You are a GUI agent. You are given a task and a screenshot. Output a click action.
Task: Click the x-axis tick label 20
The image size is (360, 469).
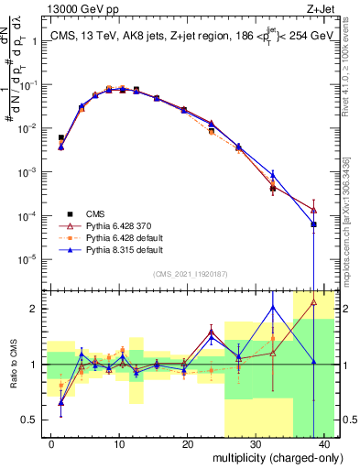[187, 444]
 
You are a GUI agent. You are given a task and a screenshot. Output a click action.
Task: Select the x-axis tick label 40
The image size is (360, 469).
[323, 444]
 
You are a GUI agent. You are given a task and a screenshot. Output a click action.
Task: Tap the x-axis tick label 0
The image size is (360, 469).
[51, 444]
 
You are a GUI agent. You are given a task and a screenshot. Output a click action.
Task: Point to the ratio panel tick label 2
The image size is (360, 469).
[37, 309]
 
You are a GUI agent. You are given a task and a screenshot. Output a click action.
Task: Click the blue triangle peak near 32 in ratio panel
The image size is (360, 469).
[273, 308]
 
